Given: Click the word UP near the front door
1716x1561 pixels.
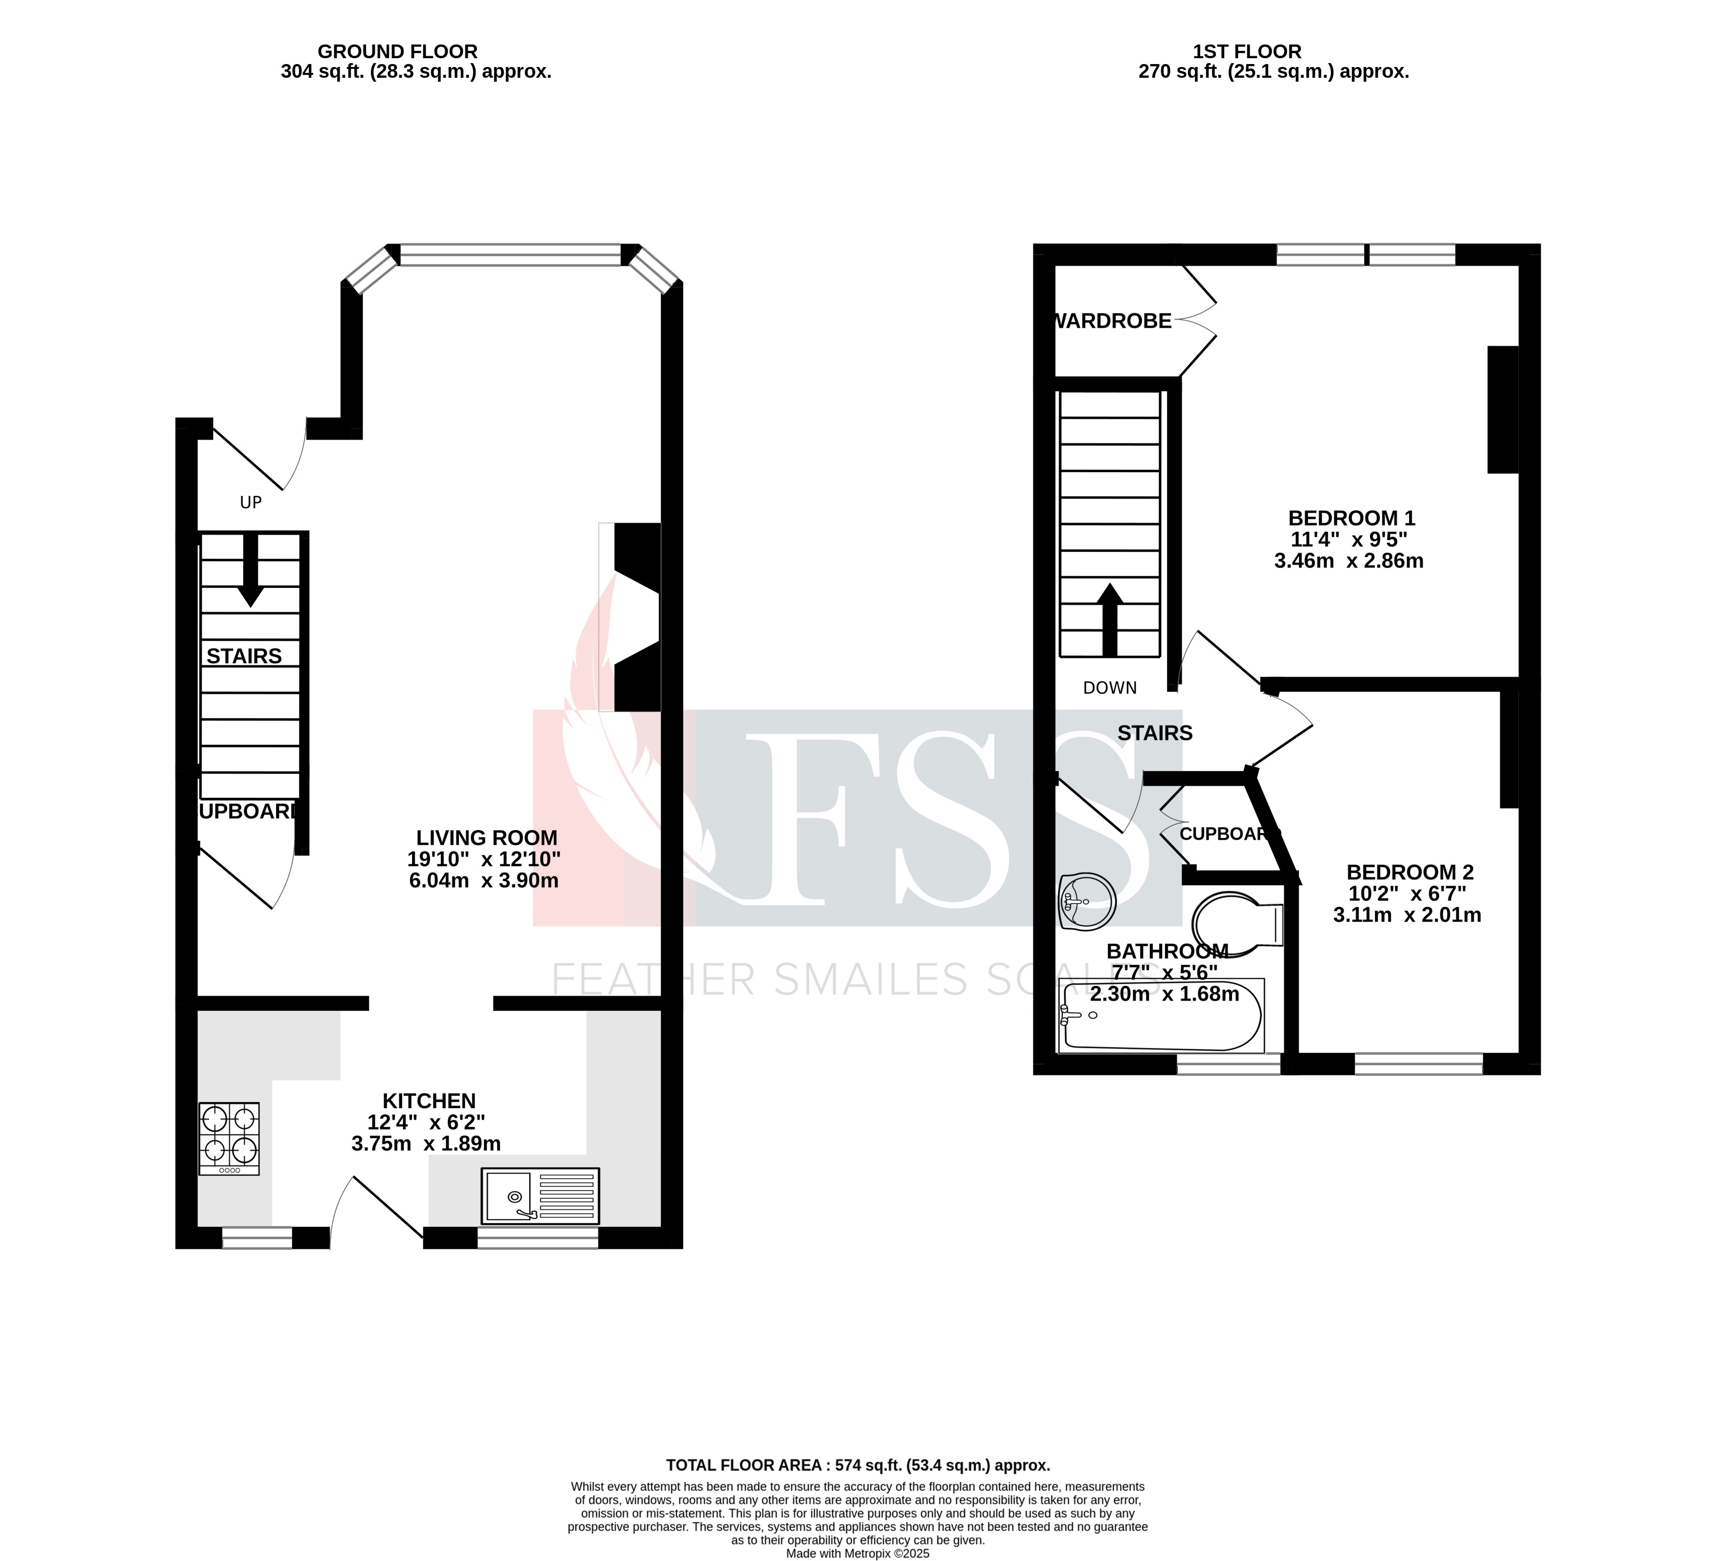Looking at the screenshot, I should pos(250,503).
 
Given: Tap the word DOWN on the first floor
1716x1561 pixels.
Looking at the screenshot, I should pos(1110,688).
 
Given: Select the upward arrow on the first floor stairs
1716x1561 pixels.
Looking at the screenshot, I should pos(1109,620).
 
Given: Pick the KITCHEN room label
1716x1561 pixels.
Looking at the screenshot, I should pos(429,1101).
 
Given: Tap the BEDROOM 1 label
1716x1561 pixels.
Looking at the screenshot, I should pos(1351,518).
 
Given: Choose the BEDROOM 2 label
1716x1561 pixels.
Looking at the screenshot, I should pos(1410,872).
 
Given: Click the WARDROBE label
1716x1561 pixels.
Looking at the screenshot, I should pos(1113,321).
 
